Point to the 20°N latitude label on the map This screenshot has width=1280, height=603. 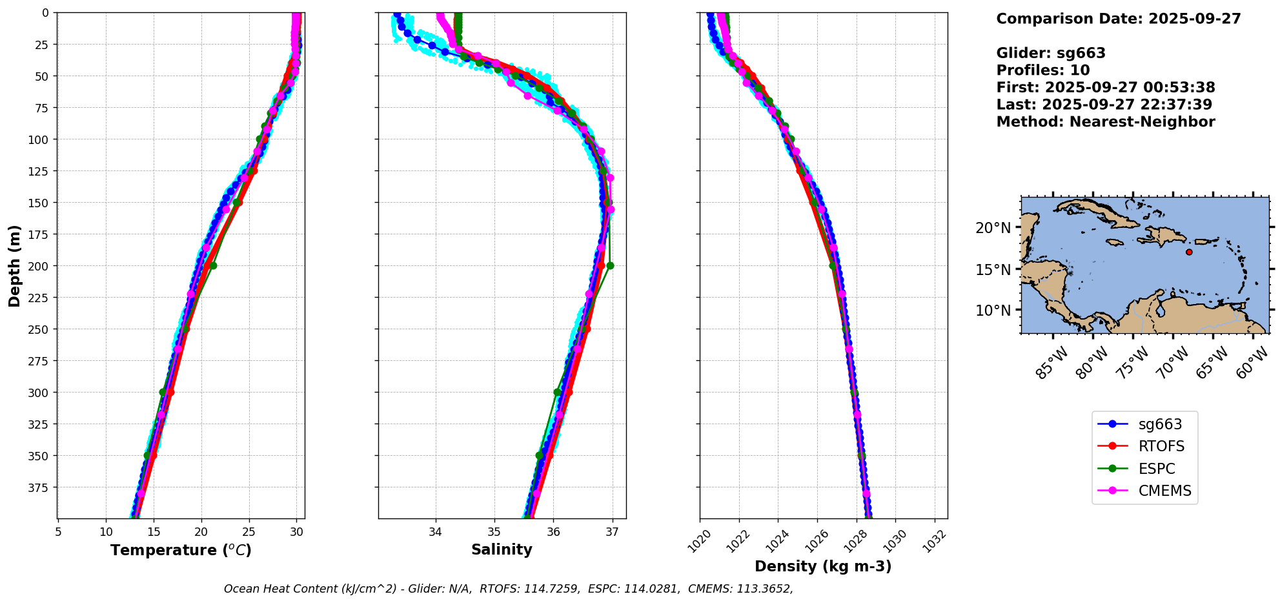click(993, 228)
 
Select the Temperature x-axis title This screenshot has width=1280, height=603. click(181, 550)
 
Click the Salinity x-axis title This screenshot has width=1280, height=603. click(502, 550)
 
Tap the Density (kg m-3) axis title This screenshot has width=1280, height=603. click(823, 566)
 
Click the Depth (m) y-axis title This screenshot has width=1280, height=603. click(15, 265)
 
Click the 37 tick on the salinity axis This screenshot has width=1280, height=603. click(612, 533)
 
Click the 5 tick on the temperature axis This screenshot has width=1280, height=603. click(58, 533)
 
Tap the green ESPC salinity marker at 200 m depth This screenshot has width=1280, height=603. click(610, 265)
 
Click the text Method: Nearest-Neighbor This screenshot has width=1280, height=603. click(1106, 122)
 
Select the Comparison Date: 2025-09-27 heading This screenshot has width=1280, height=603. click(1119, 19)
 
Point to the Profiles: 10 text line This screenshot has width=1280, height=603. click(1043, 70)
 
